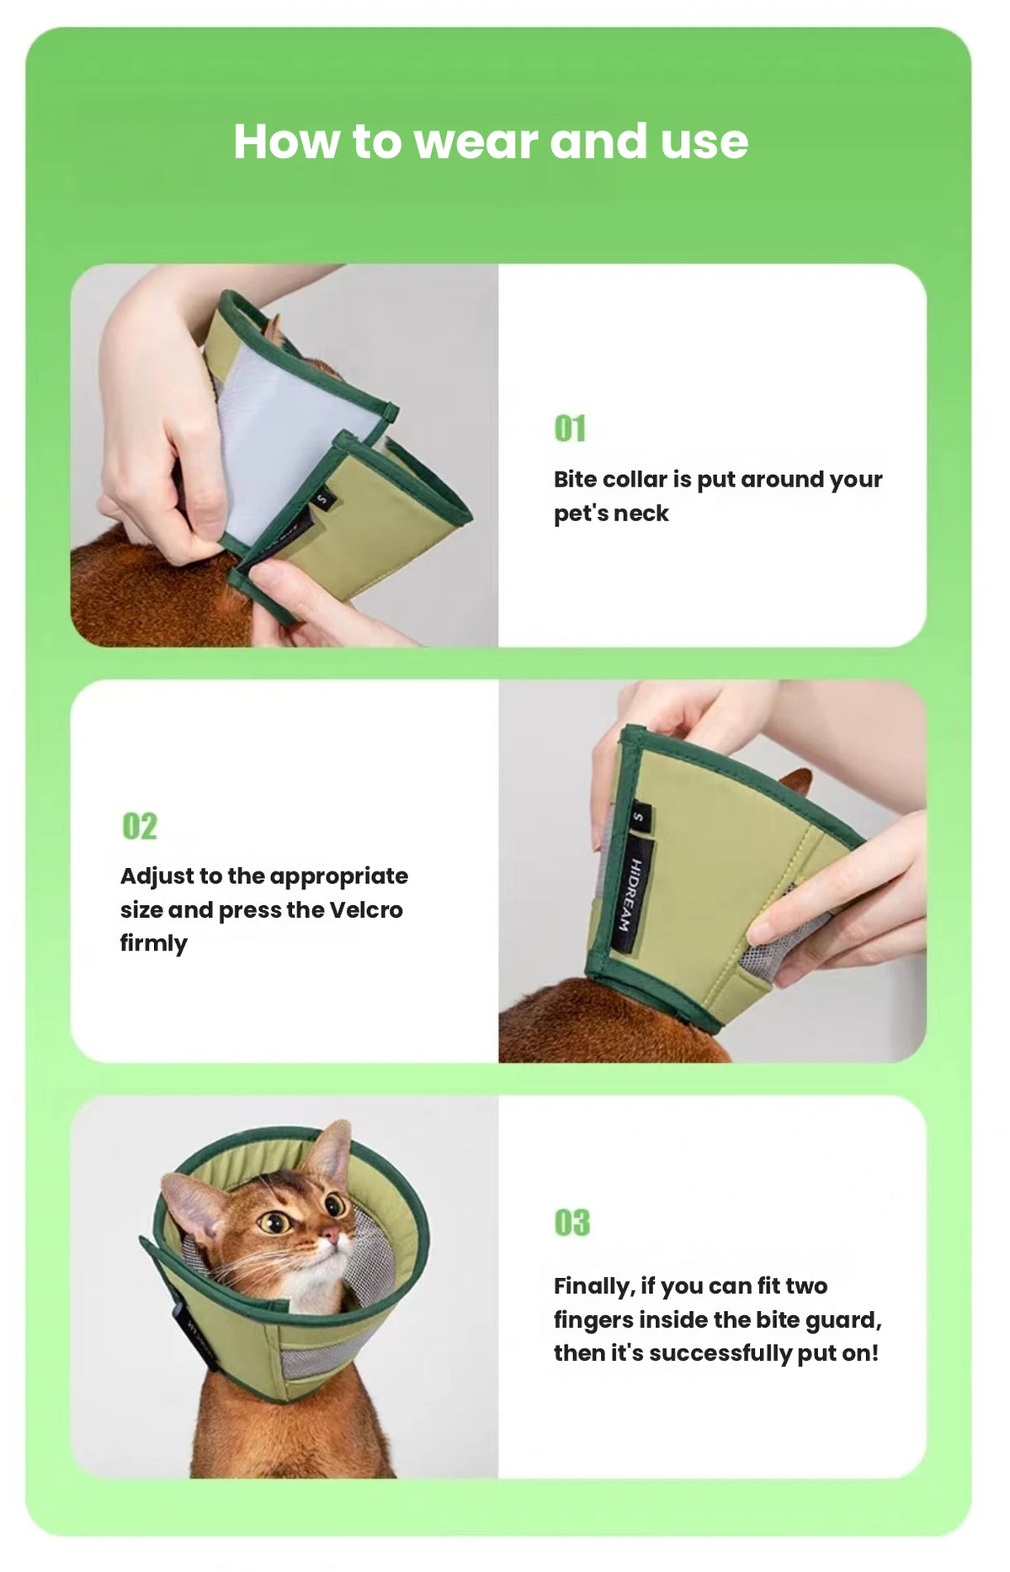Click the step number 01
coord(570,429)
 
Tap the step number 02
coord(140,826)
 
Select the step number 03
coord(572,1223)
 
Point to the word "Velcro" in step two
coord(365,910)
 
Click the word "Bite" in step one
coord(576,479)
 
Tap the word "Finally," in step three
coord(593,1287)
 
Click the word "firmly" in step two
coord(153,944)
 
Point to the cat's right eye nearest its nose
coord(334,1206)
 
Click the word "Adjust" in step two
coord(157,877)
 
